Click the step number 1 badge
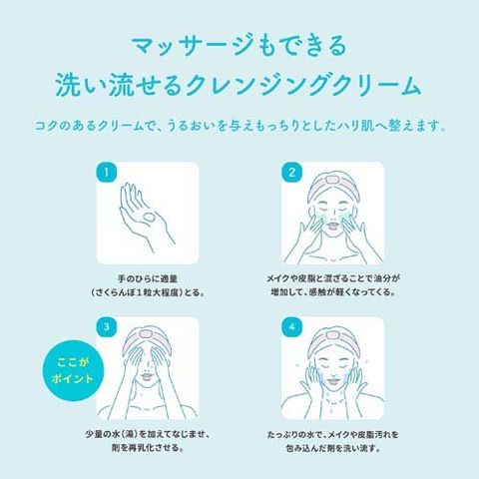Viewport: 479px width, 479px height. (106, 173)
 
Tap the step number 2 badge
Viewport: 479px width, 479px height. (291, 173)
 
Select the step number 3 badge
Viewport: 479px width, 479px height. (106, 326)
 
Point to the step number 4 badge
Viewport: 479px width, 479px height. (291, 326)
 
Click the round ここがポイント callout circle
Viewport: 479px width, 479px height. (73, 370)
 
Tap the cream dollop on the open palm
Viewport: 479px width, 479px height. (148, 218)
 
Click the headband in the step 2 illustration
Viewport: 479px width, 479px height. (332, 184)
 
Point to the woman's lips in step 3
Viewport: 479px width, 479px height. (147, 377)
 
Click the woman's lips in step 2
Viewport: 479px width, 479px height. (332, 225)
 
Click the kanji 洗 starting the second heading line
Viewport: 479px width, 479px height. (68, 86)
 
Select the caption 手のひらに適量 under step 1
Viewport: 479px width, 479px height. (148, 278)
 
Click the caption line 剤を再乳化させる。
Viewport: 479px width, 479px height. (148, 447)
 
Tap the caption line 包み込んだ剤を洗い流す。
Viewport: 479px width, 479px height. (332, 448)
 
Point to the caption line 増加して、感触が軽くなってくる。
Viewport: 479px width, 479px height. (332, 292)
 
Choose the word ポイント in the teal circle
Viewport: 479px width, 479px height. (73, 378)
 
